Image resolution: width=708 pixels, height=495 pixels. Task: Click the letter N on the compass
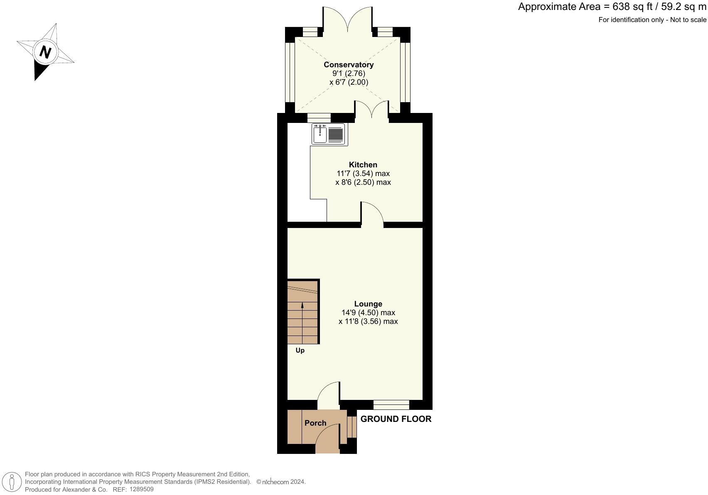tap(45, 52)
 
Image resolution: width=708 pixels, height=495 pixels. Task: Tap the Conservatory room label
tap(349, 65)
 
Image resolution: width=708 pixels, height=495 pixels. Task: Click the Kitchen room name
tap(363, 165)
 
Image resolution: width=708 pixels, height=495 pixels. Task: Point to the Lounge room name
tap(368, 304)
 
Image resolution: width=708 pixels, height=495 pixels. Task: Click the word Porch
tap(315, 423)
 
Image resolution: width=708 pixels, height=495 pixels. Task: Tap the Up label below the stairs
tap(300, 350)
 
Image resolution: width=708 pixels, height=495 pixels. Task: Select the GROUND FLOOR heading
tap(396, 419)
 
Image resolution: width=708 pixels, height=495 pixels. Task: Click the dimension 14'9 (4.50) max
tap(368, 313)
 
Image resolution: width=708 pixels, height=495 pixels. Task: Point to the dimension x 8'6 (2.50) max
tap(363, 182)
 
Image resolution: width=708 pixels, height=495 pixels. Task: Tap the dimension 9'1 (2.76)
tap(349, 74)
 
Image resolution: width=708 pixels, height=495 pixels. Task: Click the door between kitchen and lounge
tap(372, 214)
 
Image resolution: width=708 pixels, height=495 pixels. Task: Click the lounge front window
tap(391, 405)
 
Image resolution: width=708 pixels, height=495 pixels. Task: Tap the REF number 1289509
tap(141, 489)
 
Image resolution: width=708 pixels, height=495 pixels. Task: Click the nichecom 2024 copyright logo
tap(281, 482)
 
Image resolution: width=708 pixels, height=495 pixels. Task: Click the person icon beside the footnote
tap(12, 483)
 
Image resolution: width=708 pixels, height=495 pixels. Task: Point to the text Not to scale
tap(688, 20)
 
